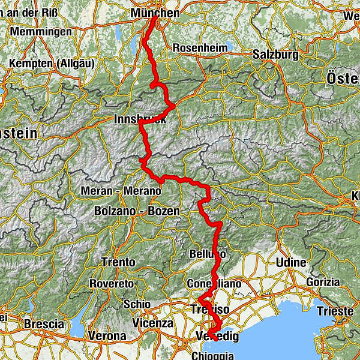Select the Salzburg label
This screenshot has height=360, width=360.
click(x=275, y=54)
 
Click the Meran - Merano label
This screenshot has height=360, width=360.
click(x=121, y=191)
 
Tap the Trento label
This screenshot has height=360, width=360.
click(x=118, y=263)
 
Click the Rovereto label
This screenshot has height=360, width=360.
click(x=111, y=283)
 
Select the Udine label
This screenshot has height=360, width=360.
click(x=292, y=263)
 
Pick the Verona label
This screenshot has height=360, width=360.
click(x=107, y=336)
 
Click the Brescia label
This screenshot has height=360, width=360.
click(x=43, y=324)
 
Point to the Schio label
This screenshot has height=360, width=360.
click(x=136, y=304)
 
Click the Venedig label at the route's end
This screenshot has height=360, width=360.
click(x=217, y=337)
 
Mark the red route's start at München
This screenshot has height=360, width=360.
click(x=155, y=18)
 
